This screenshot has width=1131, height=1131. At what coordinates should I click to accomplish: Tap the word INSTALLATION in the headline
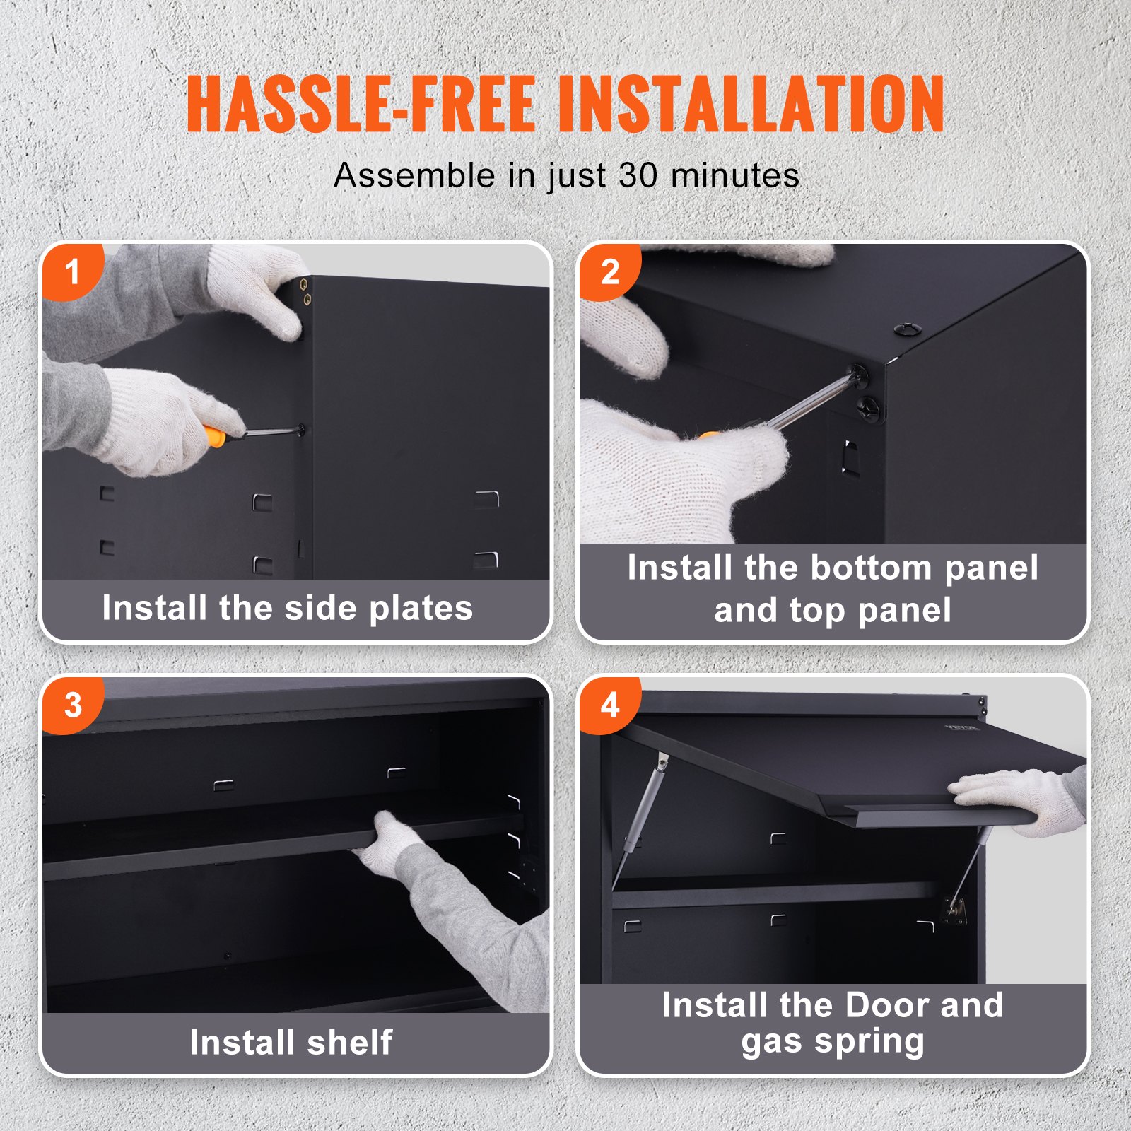751,105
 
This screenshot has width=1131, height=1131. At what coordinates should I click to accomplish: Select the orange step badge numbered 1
72,272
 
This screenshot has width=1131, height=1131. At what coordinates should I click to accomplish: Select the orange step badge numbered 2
609,272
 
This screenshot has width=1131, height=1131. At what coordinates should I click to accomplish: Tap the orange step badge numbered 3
72,705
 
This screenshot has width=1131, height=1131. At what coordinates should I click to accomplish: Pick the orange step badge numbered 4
609,705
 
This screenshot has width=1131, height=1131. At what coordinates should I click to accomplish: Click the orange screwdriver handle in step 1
214,435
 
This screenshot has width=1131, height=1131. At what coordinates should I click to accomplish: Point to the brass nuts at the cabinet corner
305,291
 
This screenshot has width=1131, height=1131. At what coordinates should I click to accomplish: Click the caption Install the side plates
287,609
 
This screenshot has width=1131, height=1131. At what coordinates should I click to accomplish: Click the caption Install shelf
291,1043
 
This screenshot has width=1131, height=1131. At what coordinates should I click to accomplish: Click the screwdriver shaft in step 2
813,403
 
